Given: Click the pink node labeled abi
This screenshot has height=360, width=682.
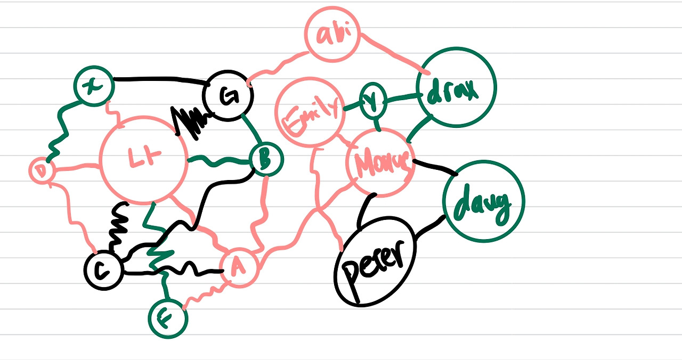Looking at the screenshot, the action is click(x=332, y=34).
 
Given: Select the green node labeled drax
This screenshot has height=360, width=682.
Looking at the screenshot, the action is click(x=457, y=87).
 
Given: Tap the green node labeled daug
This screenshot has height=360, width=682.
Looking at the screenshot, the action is click(x=483, y=201).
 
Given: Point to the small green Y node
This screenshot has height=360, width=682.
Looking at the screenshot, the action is click(x=374, y=101).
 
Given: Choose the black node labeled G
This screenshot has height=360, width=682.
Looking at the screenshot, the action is click(x=228, y=96).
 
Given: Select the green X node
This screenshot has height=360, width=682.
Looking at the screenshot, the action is click(x=93, y=85).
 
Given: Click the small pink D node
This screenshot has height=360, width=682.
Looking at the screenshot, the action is click(x=40, y=171).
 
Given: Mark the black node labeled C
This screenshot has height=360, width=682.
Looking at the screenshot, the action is click(x=103, y=271).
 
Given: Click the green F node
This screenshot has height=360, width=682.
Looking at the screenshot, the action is click(x=167, y=318).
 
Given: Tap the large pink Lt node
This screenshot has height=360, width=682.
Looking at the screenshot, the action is click(x=143, y=159).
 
